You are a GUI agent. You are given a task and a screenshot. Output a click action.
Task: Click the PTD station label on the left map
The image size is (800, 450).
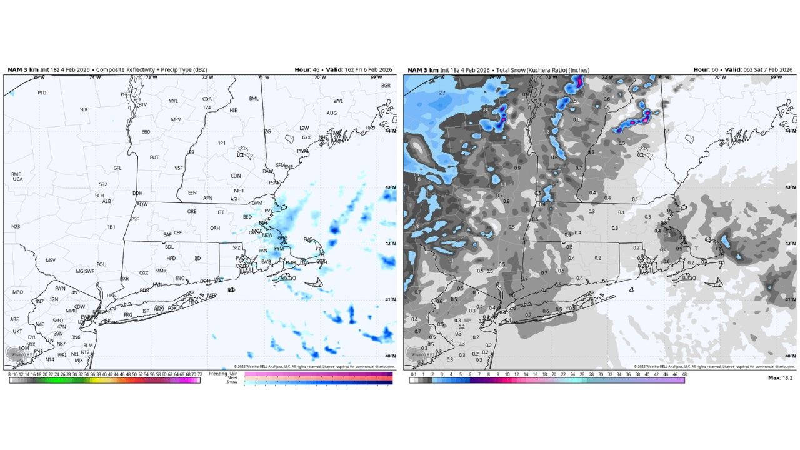click(42, 92)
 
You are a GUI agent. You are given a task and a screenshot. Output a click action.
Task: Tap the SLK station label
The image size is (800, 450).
click(84, 109)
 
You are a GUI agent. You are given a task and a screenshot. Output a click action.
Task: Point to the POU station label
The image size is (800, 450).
click(101, 264)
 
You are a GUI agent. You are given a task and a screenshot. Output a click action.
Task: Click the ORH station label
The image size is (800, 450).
click(215, 228)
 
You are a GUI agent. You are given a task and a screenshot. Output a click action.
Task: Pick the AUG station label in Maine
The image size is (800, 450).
click(332, 113)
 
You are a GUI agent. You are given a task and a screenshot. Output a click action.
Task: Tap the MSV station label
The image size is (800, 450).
click(51, 260)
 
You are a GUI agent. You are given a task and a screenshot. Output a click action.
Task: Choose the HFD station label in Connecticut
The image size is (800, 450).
click(171, 258)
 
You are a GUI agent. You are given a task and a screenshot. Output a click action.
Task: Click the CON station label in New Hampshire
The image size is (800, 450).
click(236, 176)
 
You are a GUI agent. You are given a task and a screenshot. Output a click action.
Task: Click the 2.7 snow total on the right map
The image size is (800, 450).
click(442, 92)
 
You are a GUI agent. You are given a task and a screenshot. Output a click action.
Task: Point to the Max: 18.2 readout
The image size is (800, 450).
click(780, 378)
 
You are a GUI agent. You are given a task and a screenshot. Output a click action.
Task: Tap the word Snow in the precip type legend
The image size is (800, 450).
click(232, 382)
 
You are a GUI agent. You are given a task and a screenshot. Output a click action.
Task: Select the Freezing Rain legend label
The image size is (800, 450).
click(223, 374)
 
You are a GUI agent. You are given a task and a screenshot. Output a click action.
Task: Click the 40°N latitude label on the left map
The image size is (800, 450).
click(390, 356)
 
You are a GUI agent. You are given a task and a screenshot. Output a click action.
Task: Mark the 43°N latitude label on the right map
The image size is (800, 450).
click(790, 187)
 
